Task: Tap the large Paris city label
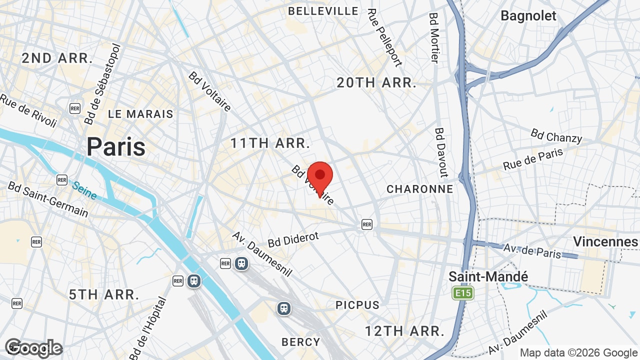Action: click(116, 146)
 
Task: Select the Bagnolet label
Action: click(528, 15)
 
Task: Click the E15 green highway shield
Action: click(462, 293)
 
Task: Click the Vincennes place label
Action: click(605, 241)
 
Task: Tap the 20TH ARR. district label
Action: click(376, 82)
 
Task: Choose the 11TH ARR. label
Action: click(270, 143)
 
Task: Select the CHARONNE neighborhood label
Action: click(419, 189)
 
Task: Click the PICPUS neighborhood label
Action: click(357, 305)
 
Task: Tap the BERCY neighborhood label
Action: click(300, 342)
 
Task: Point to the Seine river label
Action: click(84, 190)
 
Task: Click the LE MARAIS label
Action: click(140, 114)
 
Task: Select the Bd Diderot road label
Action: click(293, 239)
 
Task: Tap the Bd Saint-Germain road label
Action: click(47, 199)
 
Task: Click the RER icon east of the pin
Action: click(367, 224)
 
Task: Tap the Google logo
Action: click(33, 348)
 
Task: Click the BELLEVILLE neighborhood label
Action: click(323, 10)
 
